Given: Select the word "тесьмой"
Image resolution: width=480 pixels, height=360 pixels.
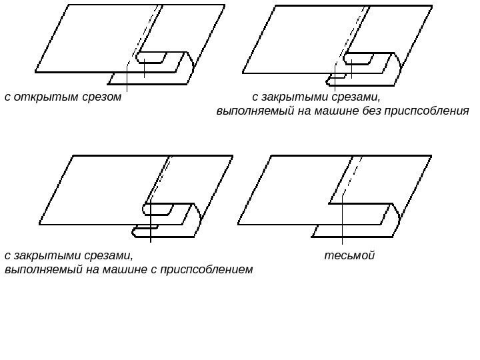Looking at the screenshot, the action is coord(350,255).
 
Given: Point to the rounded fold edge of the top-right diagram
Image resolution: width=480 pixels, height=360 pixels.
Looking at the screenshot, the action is coord(399,65).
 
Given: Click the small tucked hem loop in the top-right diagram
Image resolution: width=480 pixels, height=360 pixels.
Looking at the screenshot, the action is coord(331,82).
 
